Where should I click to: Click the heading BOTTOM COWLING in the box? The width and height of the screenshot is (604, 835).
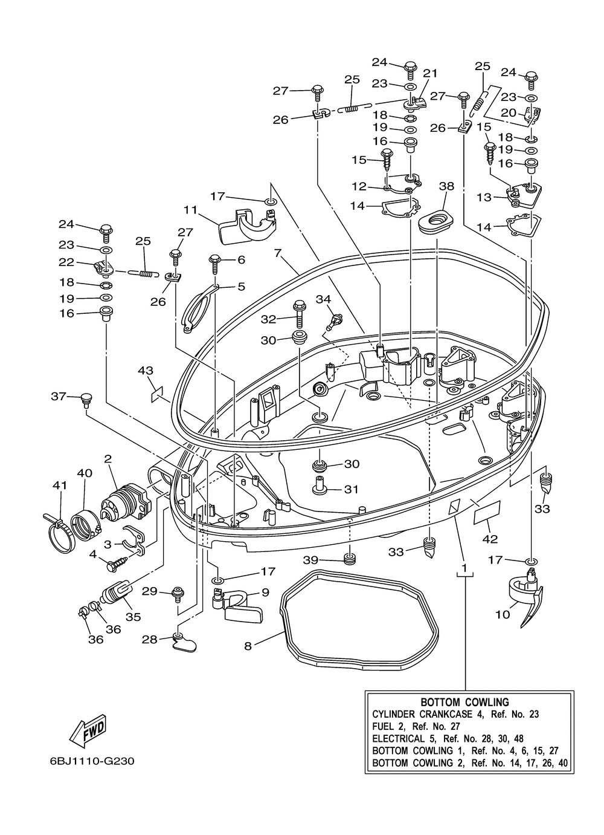(464, 702)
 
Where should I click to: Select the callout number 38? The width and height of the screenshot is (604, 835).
(446, 187)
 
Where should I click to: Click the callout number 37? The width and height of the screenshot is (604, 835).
(58, 396)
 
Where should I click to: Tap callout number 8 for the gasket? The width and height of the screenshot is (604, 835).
(248, 646)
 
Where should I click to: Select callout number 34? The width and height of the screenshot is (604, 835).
(323, 299)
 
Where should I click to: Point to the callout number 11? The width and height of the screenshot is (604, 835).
(191, 210)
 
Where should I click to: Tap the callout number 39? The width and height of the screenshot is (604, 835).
(310, 560)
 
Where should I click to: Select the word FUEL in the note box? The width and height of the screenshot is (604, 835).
(382, 726)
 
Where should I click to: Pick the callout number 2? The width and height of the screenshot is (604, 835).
(108, 460)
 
